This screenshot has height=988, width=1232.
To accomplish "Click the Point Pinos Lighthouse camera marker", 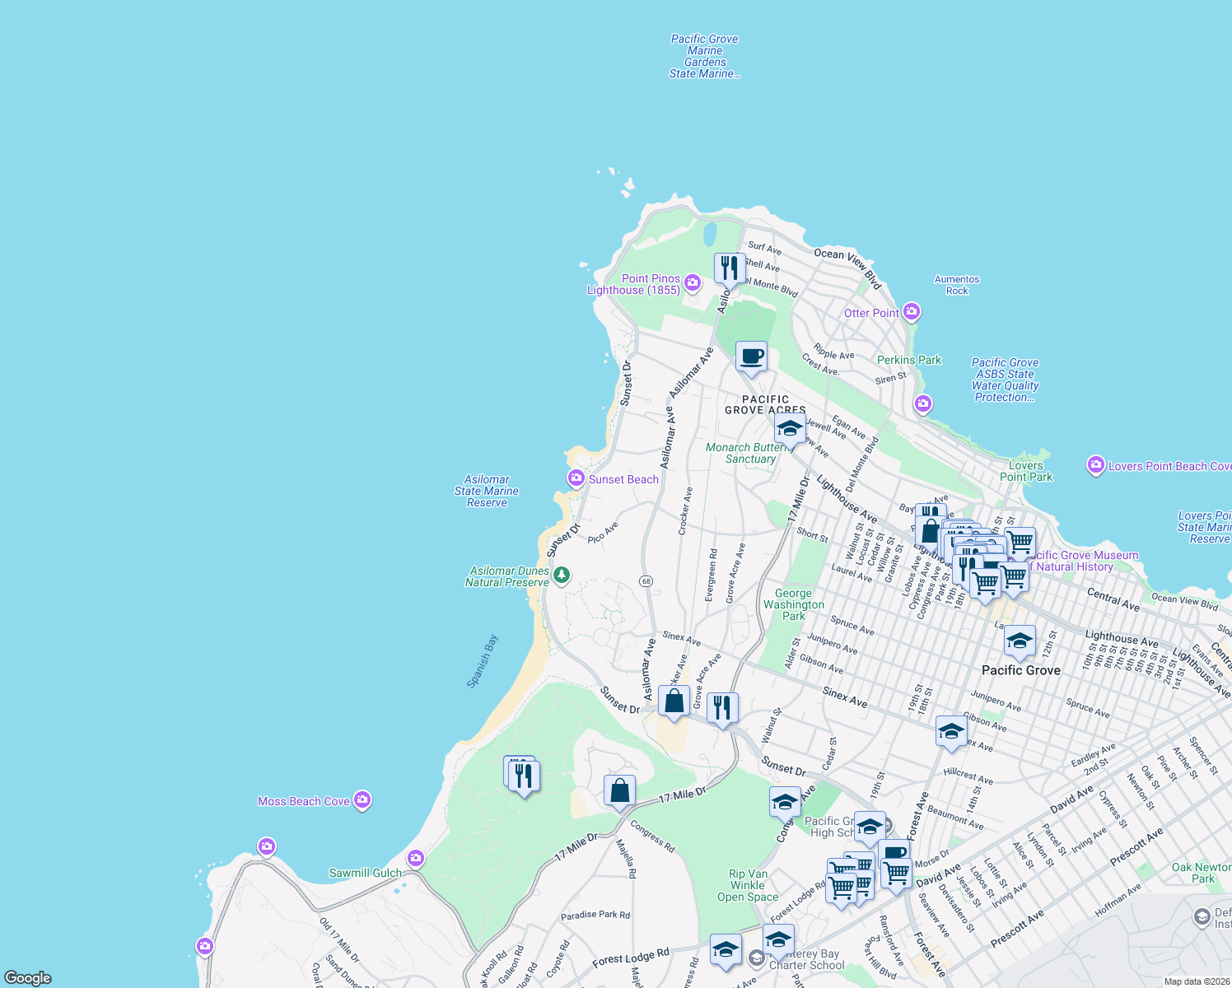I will (693, 283).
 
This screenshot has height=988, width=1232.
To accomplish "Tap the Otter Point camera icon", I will (911, 312).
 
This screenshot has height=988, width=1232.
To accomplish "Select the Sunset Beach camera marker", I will (576, 478).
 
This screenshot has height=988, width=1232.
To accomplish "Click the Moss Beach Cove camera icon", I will (362, 800).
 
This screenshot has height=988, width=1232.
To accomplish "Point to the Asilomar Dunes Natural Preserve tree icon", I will (562, 575).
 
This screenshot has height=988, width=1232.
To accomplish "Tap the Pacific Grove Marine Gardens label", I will (704, 56).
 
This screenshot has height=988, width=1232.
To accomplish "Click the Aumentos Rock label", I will (957, 285).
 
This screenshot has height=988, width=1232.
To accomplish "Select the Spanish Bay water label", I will (483, 661).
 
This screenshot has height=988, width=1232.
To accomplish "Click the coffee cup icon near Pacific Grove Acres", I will (751, 357).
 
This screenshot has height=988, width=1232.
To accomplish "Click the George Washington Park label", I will (793, 604).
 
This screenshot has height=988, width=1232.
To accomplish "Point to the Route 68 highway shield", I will (646, 581).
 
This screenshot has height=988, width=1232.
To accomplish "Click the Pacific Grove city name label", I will (1020, 670).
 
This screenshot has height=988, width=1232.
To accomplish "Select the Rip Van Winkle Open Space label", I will (748, 885).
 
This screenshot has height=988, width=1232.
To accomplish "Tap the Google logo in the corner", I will (28, 977).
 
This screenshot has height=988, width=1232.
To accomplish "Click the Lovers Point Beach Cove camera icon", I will (1095, 465).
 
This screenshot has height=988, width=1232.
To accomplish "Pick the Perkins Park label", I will (908, 360).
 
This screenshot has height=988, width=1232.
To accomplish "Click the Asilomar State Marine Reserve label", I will (487, 491).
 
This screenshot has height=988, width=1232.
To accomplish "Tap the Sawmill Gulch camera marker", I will (416, 859).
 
